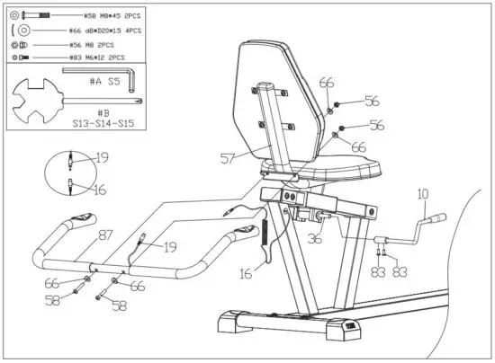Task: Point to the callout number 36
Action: [x=315, y=239]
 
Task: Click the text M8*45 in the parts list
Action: [x=102, y=16]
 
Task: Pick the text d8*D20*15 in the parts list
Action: [x=101, y=31]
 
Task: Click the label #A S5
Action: [x=103, y=81]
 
